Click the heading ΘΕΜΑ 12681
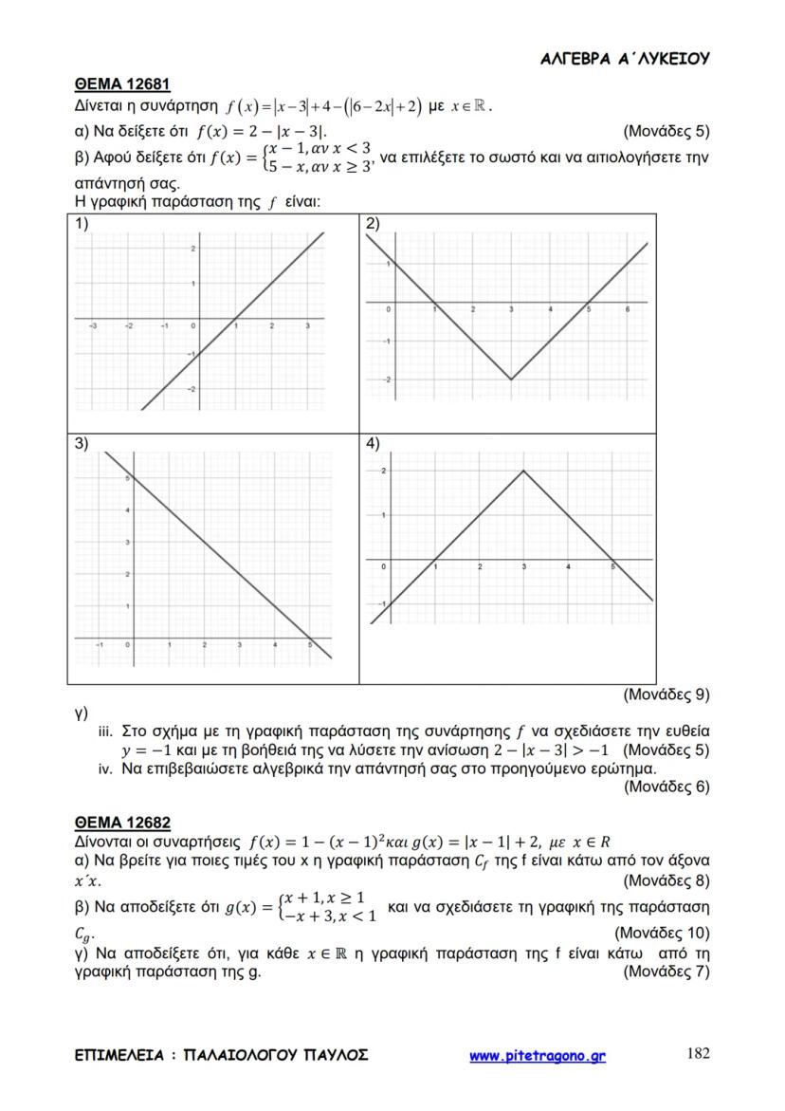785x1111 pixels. [x=121, y=85]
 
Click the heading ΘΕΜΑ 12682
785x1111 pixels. [x=121, y=823]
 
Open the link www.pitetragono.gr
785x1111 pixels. [x=538, y=1055]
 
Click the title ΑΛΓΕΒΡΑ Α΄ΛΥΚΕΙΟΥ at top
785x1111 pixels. [x=625, y=59]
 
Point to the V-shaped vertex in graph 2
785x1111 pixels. [x=511, y=380]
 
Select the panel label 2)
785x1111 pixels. [x=373, y=224]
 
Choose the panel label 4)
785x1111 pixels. [x=373, y=443]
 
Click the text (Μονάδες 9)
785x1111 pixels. [x=666, y=694]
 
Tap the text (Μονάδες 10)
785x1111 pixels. [x=662, y=934]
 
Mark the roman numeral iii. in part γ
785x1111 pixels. [x=106, y=731]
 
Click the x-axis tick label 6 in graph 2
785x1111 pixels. [x=628, y=311]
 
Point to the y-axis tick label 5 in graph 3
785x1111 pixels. [x=128, y=479]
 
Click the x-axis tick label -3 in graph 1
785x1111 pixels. [x=93, y=325]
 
